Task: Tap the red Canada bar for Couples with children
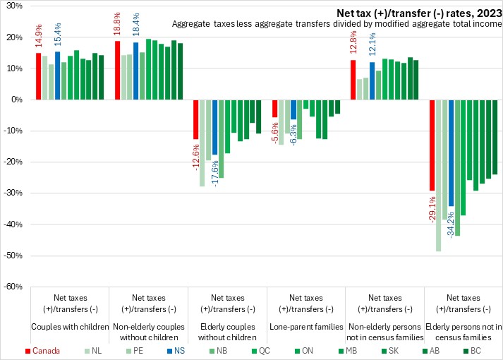click(38, 76)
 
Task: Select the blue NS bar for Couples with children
click(57, 76)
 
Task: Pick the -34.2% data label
click(451, 222)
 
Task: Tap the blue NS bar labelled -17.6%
click(214, 127)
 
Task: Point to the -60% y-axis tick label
click(13, 286)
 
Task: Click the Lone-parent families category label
click(306, 327)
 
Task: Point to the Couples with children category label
click(69, 327)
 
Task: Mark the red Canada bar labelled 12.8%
click(353, 80)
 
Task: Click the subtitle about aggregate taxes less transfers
click(337, 24)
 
